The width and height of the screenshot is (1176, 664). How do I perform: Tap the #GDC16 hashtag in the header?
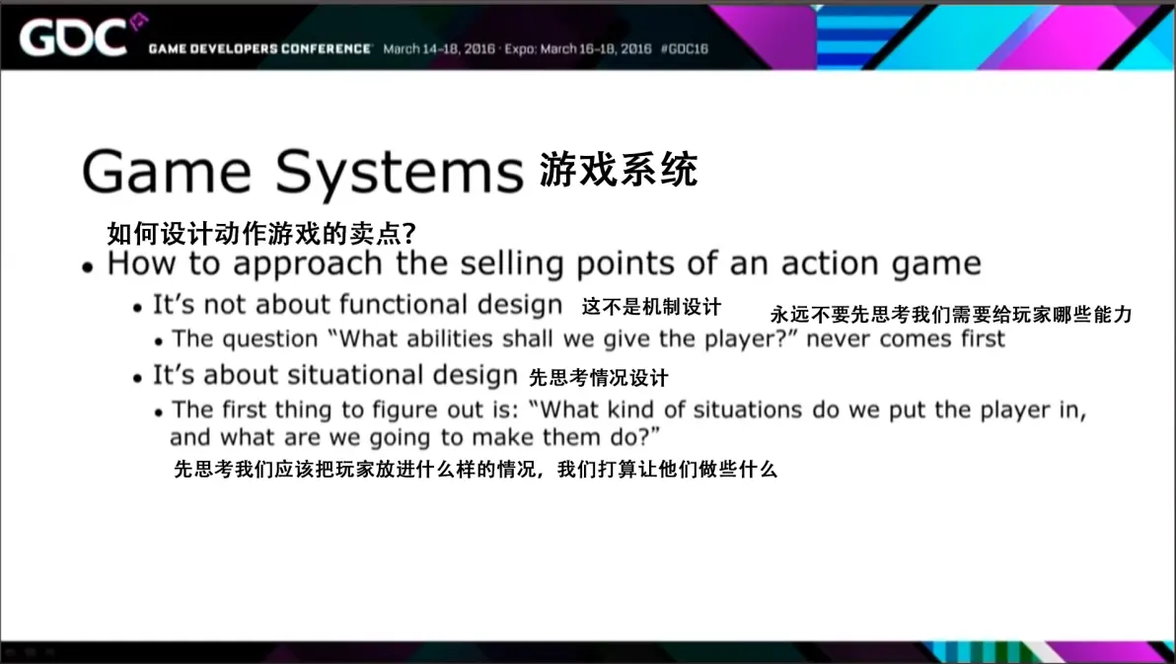tap(684, 48)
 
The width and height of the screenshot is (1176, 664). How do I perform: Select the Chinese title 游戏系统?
tap(619, 169)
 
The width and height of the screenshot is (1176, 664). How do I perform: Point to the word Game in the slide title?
tap(167, 171)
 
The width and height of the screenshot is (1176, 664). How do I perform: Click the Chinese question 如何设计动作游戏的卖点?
tap(261, 234)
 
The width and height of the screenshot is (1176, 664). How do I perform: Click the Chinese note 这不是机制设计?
tap(651, 306)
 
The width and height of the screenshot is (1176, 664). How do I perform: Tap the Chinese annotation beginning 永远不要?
tap(951, 315)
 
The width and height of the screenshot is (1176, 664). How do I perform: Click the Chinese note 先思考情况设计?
tap(599, 378)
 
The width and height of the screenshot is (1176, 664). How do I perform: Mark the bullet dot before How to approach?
tap(89, 266)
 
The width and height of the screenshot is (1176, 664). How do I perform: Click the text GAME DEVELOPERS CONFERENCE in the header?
tap(259, 48)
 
